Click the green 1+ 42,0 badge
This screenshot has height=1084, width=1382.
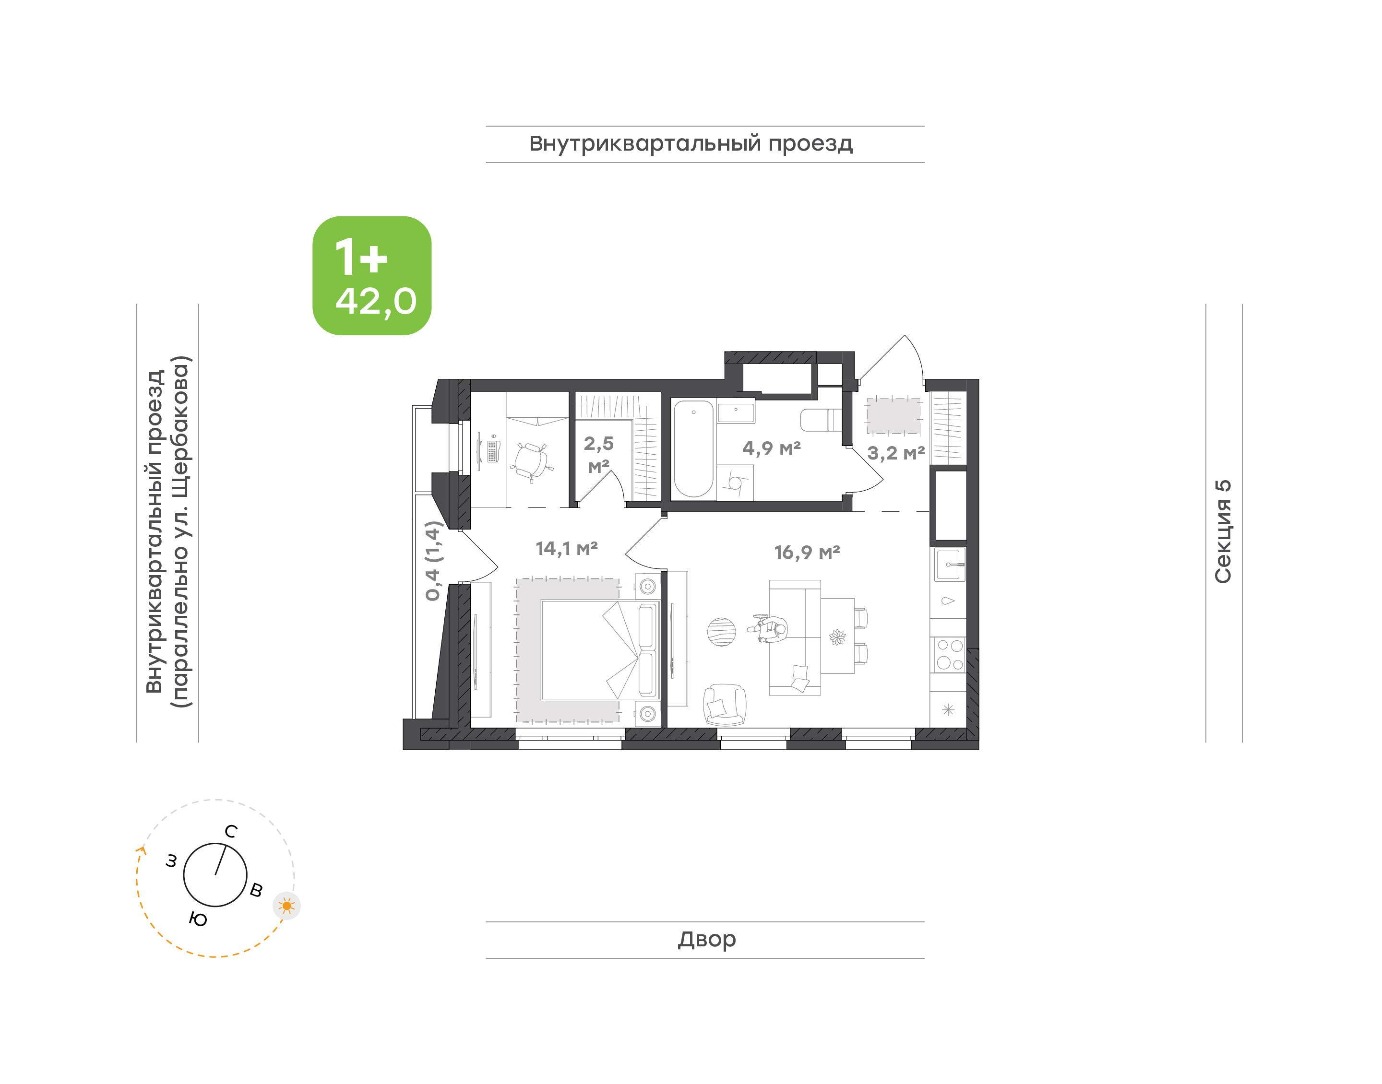click(x=371, y=275)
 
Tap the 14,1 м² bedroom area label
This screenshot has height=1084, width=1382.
click(x=566, y=548)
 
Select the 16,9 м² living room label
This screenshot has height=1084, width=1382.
click(x=807, y=552)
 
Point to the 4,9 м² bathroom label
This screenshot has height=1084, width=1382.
click(x=771, y=448)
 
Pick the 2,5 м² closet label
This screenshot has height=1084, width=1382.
click(x=599, y=454)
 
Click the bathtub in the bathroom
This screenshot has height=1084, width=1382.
click(x=693, y=448)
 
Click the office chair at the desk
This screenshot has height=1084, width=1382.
click(x=531, y=460)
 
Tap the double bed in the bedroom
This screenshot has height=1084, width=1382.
click(x=599, y=649)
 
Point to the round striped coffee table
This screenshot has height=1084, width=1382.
click(x=722, y=632)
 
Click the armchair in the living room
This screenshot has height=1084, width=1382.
click(x=724, y=705)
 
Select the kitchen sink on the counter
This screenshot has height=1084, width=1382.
click(x=948, y=564)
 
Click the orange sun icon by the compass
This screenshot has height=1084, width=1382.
click(x=287, y=906)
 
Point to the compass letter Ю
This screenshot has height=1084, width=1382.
click(x=198, y=919)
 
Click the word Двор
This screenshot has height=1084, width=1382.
click(x=706, y=939)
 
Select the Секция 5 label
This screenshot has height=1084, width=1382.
click(x=1223, y=531)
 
